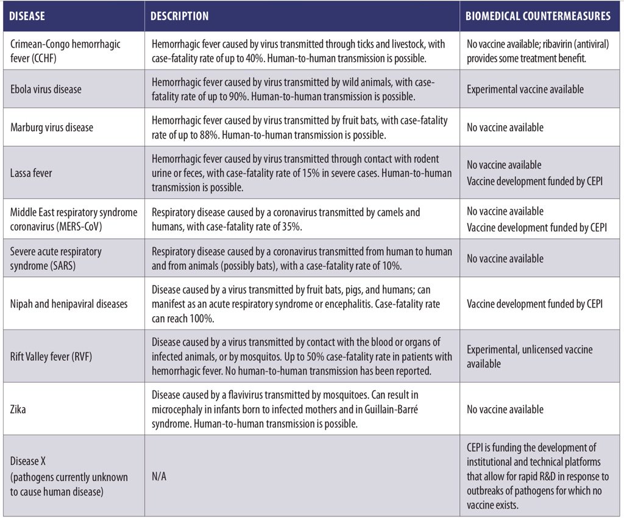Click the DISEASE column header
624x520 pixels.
tap(28, 16)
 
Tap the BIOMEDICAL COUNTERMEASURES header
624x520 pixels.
tap(538, 16)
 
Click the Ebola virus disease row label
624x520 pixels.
tap(46, 89)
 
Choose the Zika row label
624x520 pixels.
tap(19, 410)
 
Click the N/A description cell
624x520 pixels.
tap(159, 476)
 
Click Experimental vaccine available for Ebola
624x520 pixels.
tap(525, 89)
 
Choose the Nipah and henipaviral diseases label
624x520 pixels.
tap(69, 304)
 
